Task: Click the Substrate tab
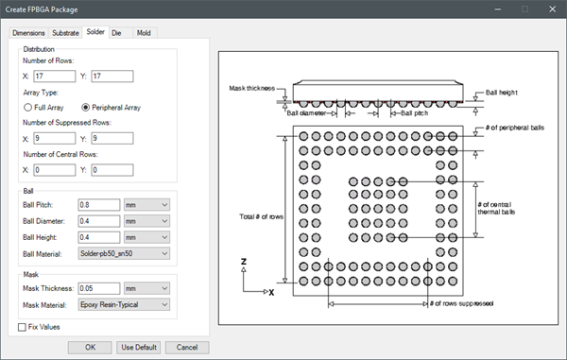point(65,33)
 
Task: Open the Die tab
point(116,33)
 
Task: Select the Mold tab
point(144,33)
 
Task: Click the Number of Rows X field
point(55,77)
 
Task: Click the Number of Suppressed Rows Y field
point(112,139)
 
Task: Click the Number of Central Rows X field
point(55,170)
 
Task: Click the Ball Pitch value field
point(99,205)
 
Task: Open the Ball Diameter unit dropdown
point(146,221)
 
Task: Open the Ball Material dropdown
point(124,253)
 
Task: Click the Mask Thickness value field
point(99,288)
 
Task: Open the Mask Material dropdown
point(124,304)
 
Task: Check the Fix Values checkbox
point(22,327)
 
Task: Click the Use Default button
point(139,348)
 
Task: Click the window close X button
point(552,9)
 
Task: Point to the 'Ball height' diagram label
point(501,93)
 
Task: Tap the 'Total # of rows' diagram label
point(261,216)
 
